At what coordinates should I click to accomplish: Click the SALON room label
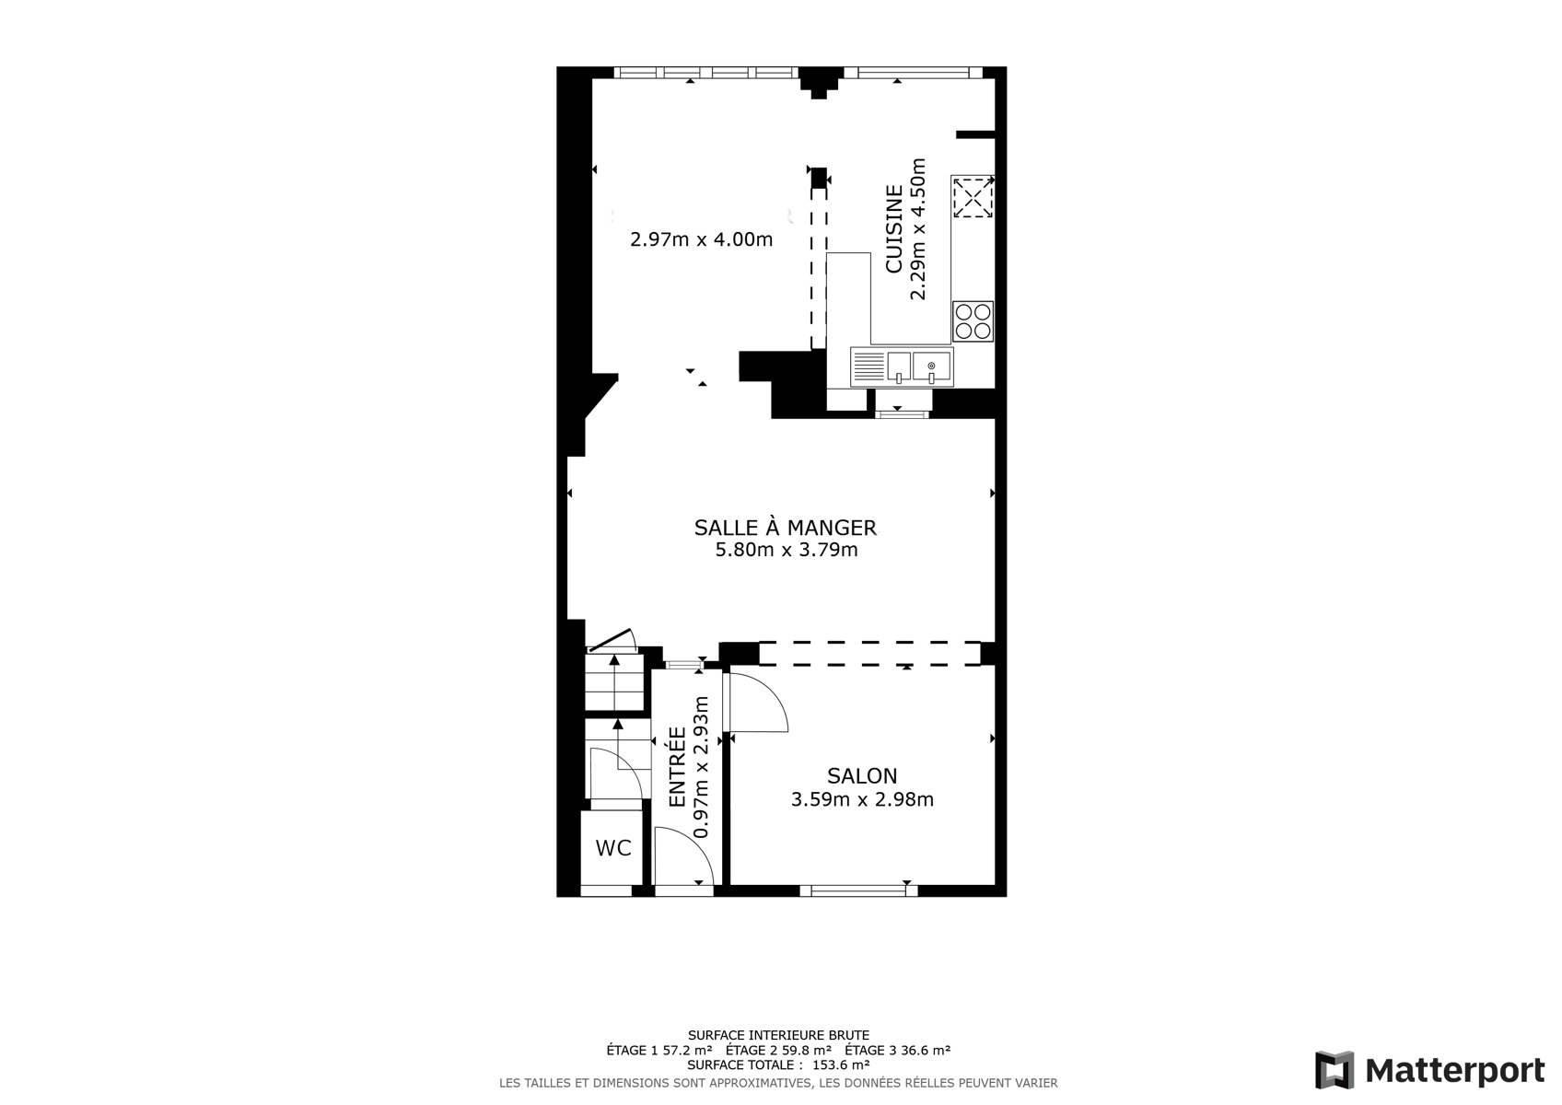pos(862,775)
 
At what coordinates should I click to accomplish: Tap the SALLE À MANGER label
pos(786,527)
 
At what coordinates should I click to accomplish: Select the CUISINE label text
pos(893,228)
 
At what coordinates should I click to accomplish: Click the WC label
pos(613,848)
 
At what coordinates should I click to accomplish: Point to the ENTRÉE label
pos(677,767)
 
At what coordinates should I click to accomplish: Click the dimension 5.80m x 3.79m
pos(787,550)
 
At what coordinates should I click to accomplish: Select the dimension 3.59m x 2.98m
pos(862,799)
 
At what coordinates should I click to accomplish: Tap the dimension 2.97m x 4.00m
pos(702,239)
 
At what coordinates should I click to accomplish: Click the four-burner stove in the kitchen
pos(973,321)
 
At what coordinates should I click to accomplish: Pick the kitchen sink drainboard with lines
pos(868,366)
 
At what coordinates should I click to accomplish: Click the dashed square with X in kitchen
pos(973,197)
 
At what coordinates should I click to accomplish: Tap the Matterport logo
pos(1429,1070)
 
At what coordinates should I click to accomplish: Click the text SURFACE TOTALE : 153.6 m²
pos(778,1064)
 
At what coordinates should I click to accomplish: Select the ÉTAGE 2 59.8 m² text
pos(778,1050)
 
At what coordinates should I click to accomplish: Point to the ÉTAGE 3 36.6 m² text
pos(897,1050)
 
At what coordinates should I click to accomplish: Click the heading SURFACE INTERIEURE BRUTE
pos(778,1035)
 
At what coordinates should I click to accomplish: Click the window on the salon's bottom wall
pos(858,890)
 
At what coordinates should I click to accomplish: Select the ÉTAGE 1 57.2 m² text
pos(659,1050)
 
